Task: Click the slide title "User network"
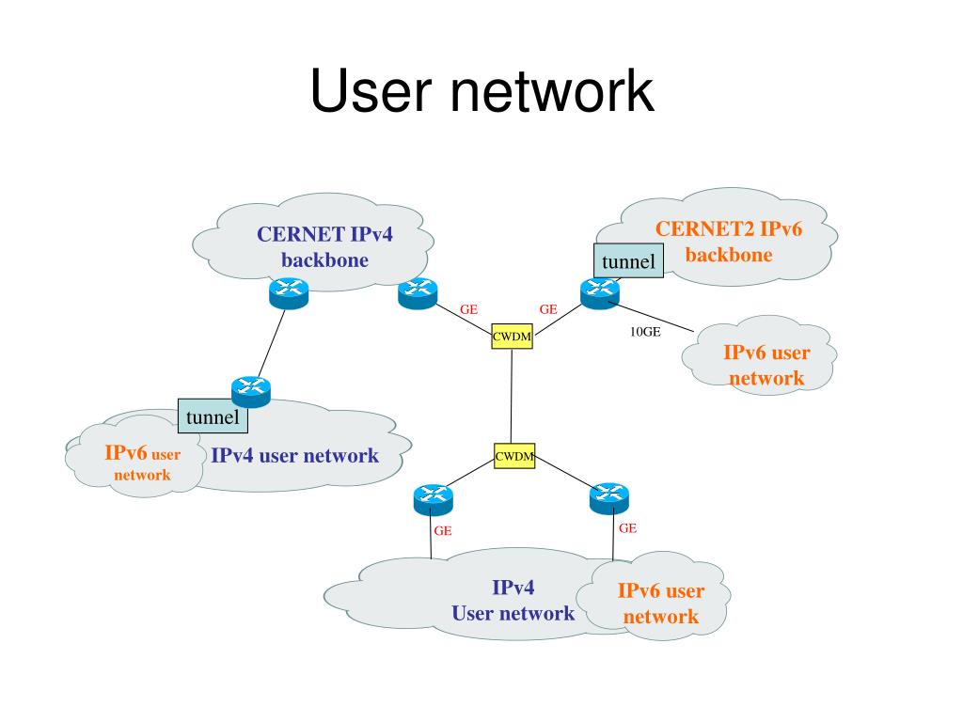[x=482, y=91]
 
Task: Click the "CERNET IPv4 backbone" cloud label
[x=324, y=247]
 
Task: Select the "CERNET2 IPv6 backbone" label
[x=729, y=242]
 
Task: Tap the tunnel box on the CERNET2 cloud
[x=628, y=261]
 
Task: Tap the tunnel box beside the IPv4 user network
[x=213, y=416]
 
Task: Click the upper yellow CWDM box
[x=512, y=336]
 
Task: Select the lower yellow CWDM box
[x=514, y=456]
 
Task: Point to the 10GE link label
[x=645, y=332]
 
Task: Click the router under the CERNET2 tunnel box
[x=600, y=293]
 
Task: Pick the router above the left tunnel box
[x=250, y=392]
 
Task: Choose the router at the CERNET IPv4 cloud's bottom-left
[x=289, y=293]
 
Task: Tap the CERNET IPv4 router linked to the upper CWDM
[x=418, y=293]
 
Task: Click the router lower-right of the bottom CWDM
[x=609, y=498]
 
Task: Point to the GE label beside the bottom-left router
[x=443, y=531]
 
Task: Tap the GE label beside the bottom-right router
[x=627, y=528]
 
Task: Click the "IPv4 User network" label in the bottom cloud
[x=513, y=601]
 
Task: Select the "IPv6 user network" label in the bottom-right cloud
[x=661, y=604]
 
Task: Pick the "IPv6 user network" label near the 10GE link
[x=766, y=366]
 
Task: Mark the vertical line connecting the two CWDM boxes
[x=512, y=396]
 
